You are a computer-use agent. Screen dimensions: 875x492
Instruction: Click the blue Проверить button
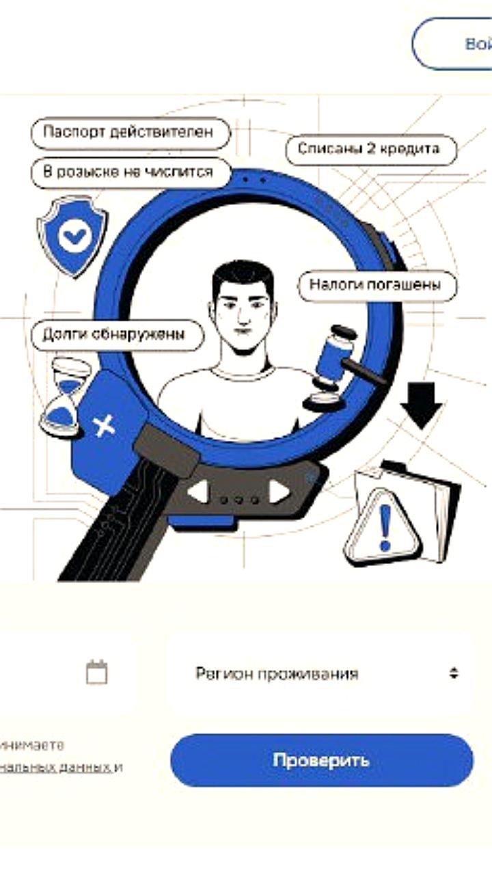pyautogui.click(x=321, y=760)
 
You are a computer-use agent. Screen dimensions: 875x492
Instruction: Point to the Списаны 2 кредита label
pyautogui.click(x=368, y=148)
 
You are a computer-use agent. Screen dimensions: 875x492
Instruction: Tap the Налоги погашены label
pyautogui.click(x=377, y=284)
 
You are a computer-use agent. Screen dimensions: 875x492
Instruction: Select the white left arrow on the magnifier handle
pyautogui.click(x=198, y=491)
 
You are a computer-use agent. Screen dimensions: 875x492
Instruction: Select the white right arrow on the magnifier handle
pyautogui.click(x=279, y=491)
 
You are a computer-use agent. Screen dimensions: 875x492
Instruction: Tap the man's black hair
pyautogui.click(x=243, y=277)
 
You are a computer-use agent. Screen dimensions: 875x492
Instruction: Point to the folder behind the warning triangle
pyautogui.click(x=437, y=502)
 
